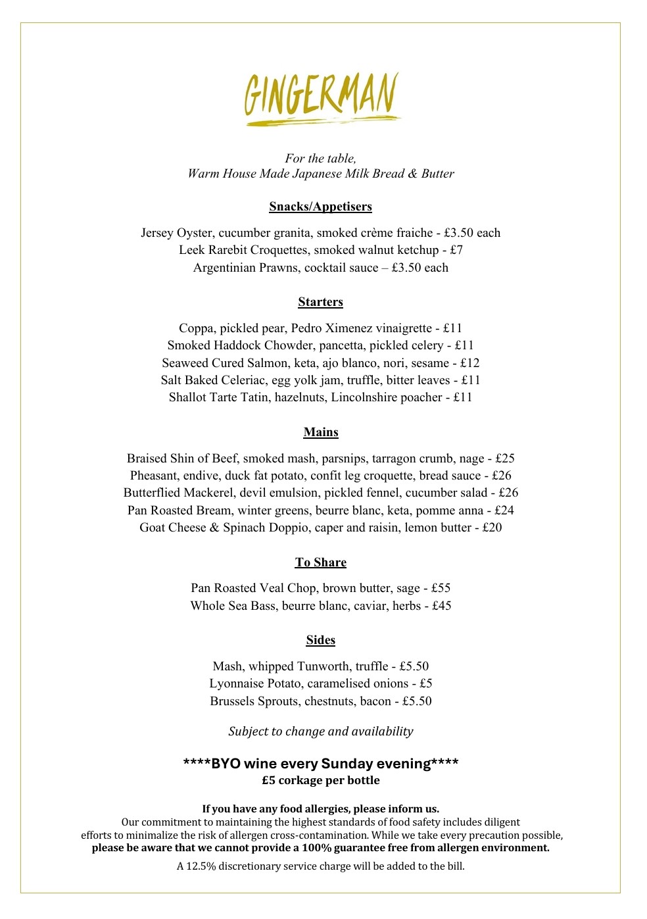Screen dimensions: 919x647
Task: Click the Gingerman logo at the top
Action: tap(322, 99)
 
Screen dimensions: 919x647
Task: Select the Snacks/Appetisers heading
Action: tap(320, 207)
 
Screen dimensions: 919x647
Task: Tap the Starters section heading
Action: tap(320, 302)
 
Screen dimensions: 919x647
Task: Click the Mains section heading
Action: tap(321, 432)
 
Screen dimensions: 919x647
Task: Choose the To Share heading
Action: tap(320, 562)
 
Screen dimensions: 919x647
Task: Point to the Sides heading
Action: tap(320, 640)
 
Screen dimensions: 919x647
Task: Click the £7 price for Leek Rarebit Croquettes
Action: tap(456, 250)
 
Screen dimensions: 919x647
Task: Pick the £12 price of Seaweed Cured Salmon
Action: tap(469, 363)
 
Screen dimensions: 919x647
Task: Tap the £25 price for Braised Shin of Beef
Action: tap(505, 459)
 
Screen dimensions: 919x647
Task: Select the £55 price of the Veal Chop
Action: tap(441, 588)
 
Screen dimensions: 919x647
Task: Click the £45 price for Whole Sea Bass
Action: tap(441, 606)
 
